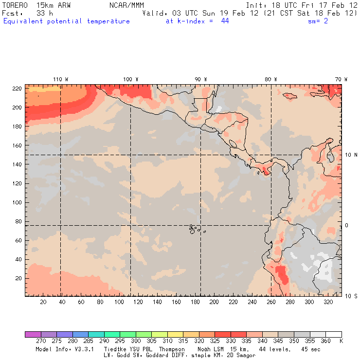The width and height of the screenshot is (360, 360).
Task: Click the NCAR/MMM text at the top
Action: [x=126, y=5]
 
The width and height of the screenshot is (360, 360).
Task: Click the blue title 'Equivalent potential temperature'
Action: [x=67, y=21]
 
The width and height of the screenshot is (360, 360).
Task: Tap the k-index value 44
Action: [x=225, y=21]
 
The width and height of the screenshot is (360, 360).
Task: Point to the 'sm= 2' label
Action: [x=318, y=21]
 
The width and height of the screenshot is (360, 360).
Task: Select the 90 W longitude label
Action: [x=200, y=79]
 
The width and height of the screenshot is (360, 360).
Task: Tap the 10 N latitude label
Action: [x=351, y=155]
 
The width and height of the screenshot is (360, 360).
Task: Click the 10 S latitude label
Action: [x=351, y=296]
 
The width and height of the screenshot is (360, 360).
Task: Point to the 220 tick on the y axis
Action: [x=16, y=88]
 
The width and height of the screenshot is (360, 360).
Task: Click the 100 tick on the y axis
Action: [x=16, y=202]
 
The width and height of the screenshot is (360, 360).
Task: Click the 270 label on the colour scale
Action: [x=41, y=342]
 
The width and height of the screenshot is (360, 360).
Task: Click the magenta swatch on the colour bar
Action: [x=33, y=335]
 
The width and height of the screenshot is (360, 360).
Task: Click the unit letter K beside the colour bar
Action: [x=341, y=342]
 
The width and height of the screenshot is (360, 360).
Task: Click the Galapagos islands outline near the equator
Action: [x=194, y=228]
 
